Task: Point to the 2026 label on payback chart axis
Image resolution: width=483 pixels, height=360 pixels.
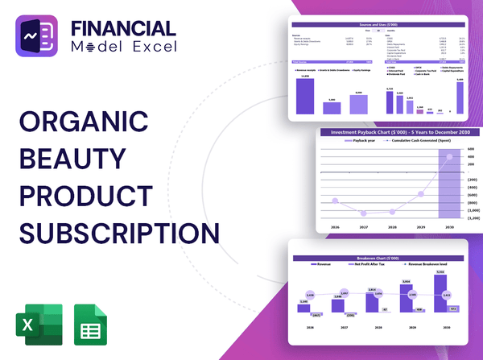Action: (335, 228)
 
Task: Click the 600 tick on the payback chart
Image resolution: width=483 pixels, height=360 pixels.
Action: (471, 150)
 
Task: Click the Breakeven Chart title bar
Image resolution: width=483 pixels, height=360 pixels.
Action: (378, 258)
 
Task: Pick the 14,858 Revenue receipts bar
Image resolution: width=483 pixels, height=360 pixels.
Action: (305, 96)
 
